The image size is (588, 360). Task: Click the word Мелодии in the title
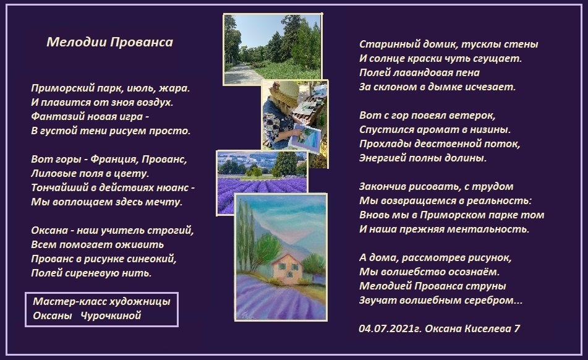click(77, 42)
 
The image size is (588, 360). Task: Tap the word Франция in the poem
click(114, 159)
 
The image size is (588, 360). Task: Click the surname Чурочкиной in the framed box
click(111, 315)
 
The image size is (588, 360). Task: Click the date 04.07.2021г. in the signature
click(390, 328)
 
